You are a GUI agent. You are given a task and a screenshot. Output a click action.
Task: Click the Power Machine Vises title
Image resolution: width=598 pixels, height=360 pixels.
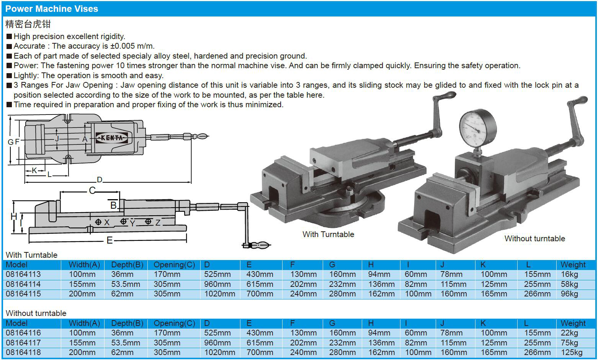[x=52, y=9]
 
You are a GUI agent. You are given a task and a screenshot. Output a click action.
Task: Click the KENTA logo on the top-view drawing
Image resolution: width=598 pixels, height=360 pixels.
[x=112, y=137]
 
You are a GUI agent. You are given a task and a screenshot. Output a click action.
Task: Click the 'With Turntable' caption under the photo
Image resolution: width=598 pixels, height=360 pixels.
[x=328, y=234]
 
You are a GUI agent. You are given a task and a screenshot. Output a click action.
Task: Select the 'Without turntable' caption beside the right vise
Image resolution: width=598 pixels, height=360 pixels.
[x=534, y=239]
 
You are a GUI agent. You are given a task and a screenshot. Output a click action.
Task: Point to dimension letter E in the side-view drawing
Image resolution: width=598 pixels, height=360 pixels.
[x=109, y=241]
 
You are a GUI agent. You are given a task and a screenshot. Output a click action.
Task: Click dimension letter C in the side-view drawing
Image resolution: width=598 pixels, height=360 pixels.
[x=92, y=190]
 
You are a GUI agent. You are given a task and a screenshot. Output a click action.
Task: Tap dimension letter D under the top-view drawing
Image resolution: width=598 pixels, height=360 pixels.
[x=100, y=180]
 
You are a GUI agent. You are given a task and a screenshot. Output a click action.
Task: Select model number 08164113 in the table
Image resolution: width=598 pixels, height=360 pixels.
[x=23, y=274]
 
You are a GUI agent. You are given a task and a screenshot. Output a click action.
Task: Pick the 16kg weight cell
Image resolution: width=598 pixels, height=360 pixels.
[x=569, y=274]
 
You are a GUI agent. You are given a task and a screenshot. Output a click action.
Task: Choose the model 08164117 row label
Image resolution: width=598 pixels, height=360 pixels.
[x=23, y=343]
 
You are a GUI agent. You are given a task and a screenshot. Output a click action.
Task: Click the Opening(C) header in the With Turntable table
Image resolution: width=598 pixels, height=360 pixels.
[x=174, y=265]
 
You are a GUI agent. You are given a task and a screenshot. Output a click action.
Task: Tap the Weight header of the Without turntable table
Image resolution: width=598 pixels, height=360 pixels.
[x=573, y=323]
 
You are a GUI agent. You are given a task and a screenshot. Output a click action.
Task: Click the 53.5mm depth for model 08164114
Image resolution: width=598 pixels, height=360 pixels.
[x=126, y=284]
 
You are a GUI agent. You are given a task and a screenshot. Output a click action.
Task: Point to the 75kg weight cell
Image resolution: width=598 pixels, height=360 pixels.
[x=569, y=343]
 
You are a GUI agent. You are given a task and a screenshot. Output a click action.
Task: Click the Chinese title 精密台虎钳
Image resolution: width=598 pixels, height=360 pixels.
[x=28, y=24]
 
